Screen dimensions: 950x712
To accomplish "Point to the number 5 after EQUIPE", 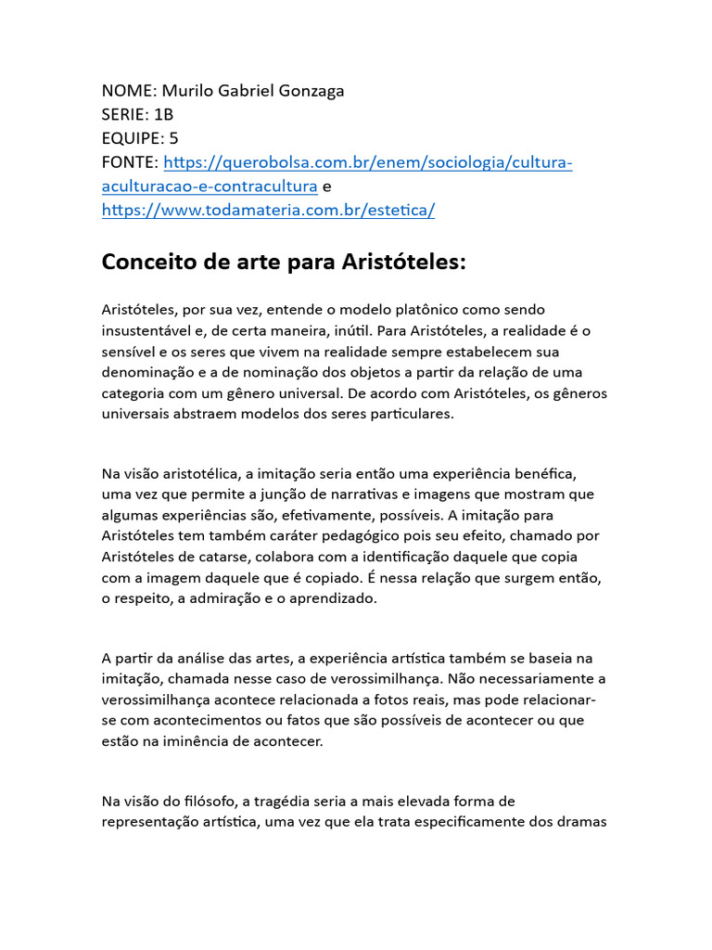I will (x=173, y=138).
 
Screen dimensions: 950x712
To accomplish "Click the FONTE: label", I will (x=131, y=162).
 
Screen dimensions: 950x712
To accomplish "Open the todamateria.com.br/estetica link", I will (x=268, y=211).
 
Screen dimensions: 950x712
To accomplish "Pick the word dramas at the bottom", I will (x=581, y=822).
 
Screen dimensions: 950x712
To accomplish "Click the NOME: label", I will (x=129, y=90).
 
